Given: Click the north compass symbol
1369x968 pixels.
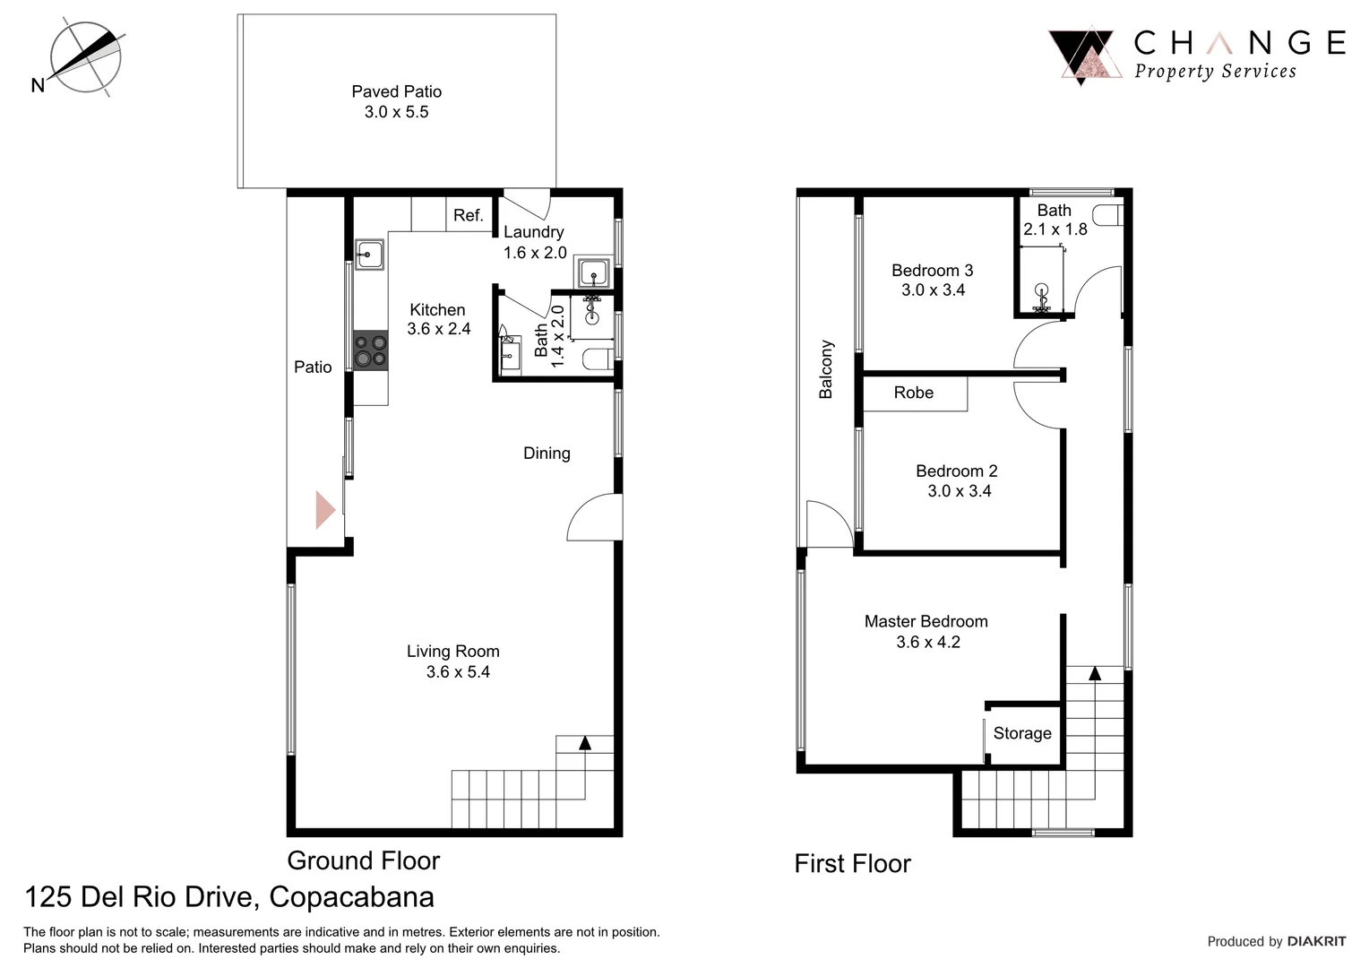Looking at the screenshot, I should tap(84, 59).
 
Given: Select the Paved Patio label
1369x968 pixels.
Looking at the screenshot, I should tap(396, 91).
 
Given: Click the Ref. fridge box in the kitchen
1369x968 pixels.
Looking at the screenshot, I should tap(468, 215).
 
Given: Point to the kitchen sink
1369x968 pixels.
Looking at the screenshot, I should tap(369, 255).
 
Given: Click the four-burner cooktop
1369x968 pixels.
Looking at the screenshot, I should tap(370, 350).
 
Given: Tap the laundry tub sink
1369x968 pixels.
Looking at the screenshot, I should tap(593, 272).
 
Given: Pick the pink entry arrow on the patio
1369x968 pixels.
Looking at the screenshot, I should tap(324, 510).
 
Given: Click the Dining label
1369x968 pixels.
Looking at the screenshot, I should tap(547, 454).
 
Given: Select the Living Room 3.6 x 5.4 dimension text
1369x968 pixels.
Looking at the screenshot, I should tap(458, 672).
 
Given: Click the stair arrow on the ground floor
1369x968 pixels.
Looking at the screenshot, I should tap(585, 743).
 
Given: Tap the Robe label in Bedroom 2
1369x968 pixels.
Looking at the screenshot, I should tap(913, 393).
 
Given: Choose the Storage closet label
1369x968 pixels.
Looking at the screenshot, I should tap(1022, 733).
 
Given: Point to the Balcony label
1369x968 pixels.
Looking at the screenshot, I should tap(826, 369).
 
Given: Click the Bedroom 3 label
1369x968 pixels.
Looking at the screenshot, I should tap(932, 271).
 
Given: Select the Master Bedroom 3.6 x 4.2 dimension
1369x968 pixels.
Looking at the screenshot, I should tap(928, 642).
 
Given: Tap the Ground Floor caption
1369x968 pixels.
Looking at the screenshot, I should tap(363, 860).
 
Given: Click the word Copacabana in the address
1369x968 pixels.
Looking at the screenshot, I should tap(351, 897).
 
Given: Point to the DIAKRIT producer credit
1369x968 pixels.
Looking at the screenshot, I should tap(1316, 941).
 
